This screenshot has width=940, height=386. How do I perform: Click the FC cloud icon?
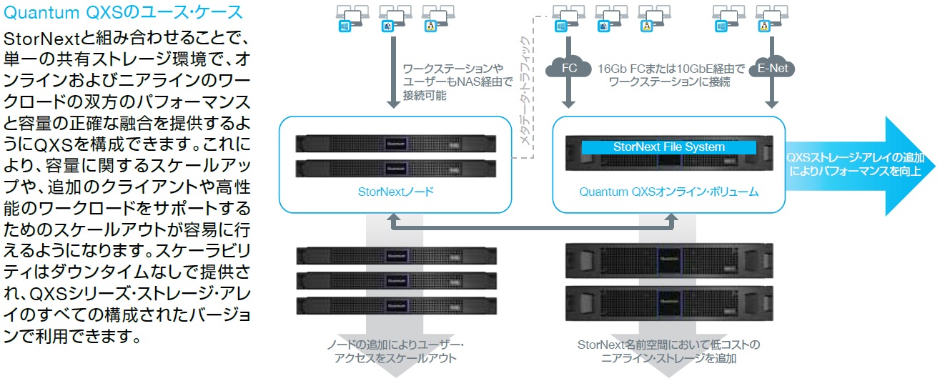pyautogui.click(x=568, y=67)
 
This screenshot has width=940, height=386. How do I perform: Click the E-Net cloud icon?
pyautogui.click(x=772, y=67)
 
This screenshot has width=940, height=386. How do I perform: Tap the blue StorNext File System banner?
pyautogui.click(x=669, y=147)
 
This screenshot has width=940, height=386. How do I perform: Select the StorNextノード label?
pyautogui.click(x=396, y=192)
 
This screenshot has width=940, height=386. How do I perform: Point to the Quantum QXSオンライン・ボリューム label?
pyautogui.click(x=669, y=192)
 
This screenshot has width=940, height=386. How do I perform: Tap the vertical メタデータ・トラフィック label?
pyautogui.click(x=525, y=91)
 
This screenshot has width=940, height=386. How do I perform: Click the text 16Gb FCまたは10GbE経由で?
pyautogui.click(x=671, y=69)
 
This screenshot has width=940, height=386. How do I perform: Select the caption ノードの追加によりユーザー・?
pyautogui.click(x=395, y=345)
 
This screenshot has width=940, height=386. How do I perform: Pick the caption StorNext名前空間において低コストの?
pyautogui.click(x=669, y=345)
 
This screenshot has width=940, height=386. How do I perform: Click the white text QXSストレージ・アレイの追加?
pyautogui.click(x=855, y=157)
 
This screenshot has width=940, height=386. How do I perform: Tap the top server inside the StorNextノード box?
pyautogui.click(x=396, y=144)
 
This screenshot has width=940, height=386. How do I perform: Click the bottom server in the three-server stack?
pyautogui.click(x=396, y=306)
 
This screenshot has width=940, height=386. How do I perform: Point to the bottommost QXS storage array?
pyautogui.click(x=669, y=303)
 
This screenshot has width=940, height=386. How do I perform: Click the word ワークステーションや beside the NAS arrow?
pyautogui.click(x=452, y=69)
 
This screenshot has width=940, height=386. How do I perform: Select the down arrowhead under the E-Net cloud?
pyautogui.click(x=772, y=104)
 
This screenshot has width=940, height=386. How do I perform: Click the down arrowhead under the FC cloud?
pyautogui.click(x=568, y=104)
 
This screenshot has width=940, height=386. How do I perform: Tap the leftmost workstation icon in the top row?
pyautogui.click(x=352, y=19)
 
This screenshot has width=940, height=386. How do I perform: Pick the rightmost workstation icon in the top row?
pyautogui.click(x=771, y=19)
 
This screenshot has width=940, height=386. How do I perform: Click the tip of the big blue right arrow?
pyautogui.click(x=936, y=167)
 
